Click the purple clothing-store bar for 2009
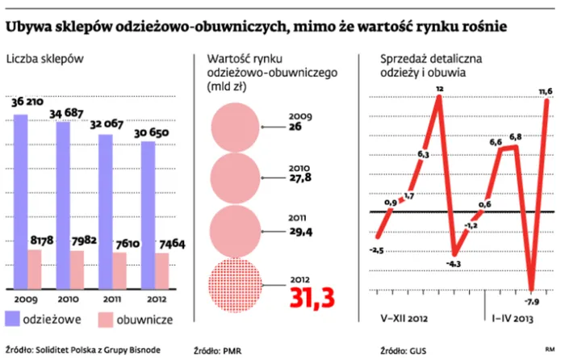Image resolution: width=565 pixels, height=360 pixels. click(21, 202)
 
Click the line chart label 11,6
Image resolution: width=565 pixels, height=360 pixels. click(545, 92)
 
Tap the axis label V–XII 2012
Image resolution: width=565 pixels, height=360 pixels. click(400, 317)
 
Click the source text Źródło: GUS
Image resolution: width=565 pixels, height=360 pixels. click(406, 350)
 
